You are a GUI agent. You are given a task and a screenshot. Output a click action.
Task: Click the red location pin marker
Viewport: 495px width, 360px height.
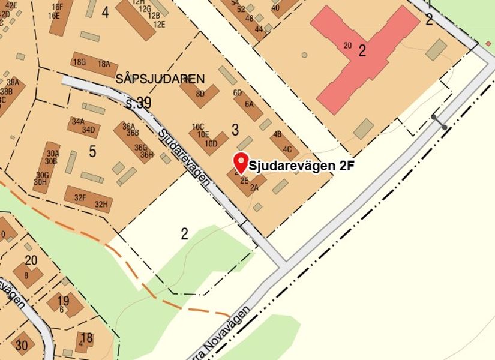241,161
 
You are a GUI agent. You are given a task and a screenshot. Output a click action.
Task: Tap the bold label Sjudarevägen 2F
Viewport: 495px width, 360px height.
299,166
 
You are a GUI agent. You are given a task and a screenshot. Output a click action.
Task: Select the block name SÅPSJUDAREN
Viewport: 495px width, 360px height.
160,79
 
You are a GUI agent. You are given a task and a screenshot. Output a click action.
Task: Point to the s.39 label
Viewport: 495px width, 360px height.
139,103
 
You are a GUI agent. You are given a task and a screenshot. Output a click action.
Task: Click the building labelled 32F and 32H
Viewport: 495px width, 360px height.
88,199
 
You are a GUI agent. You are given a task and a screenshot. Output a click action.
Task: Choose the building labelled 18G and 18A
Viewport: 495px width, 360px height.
94,64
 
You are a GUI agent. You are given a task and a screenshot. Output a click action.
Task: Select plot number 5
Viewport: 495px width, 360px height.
92,152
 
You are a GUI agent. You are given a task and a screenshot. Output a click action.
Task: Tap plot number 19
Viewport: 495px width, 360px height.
63,301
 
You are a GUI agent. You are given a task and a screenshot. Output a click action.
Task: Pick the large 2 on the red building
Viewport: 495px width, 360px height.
362,51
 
